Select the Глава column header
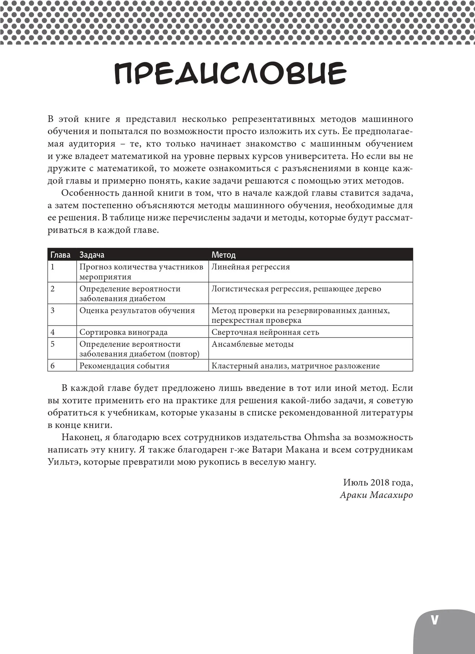point(60,255)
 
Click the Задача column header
point(92,255)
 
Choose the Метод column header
point(223,255)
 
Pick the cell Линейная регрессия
point(251,267)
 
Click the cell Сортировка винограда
point(123,332)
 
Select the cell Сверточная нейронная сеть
point(265,332)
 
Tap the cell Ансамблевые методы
point(252,344)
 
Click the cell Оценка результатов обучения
point(137,311)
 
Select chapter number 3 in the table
point(52,311)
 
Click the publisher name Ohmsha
point(322,437)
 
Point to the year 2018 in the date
point(380,482)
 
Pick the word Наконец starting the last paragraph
point(81,437)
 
